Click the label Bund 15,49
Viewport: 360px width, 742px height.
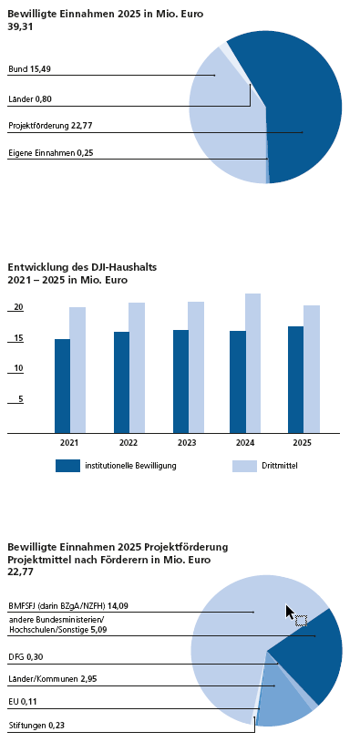tap(29, 69)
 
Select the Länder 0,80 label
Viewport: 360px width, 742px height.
tap(31, 99)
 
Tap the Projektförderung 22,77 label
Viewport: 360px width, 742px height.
tap(48, 126)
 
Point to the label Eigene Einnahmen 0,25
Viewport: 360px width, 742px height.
tap(46, 153)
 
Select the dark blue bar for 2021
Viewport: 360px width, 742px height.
tap(62, 386)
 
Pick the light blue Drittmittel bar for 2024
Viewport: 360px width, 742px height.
tap(252, 363)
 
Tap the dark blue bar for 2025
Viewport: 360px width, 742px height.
tap(295, 379)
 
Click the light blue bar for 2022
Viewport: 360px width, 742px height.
tap(137, 367)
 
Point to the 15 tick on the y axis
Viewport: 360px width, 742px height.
tap(18, 338)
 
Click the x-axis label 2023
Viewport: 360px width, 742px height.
tap(187, 443)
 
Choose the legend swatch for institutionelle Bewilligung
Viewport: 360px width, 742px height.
tap(67, 466)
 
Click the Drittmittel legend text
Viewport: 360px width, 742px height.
tap(280, 466)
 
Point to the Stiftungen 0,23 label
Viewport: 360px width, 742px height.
tap(34, 725)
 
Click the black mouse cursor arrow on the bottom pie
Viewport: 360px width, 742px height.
tap(290, 612)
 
